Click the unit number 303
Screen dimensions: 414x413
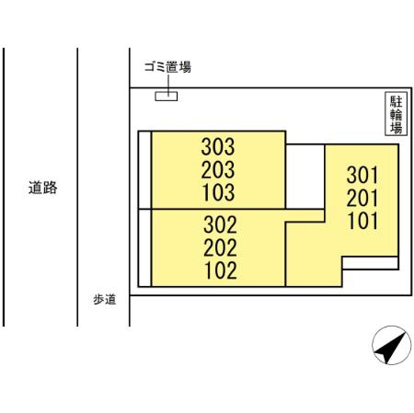(x=218, y=146)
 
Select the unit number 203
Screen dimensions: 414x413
(x=218, y=169)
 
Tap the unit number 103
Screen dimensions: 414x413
(x=219, y=192)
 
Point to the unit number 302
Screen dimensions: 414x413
(x=220, y=224)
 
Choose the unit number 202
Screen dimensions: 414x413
(x=220, y=247)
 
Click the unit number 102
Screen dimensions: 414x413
(x=221, y=270)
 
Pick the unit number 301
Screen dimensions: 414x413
(x=362, y=175)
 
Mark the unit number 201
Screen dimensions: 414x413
(x=362, y=198)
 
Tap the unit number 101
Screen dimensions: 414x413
(x=362, y=221)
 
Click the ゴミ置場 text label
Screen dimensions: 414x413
(x=167, y=67)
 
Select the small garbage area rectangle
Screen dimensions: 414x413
(x=166, y=97)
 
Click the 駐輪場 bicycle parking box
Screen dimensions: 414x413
(x=397, y=114)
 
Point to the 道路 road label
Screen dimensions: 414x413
(x=42, y=188)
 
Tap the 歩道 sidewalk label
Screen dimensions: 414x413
(x=105, y=300)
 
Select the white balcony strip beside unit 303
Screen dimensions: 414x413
(x=144, y=170)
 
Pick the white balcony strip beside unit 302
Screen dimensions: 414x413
(x=144, y=248)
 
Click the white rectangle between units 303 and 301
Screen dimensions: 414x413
(x=305, y=177)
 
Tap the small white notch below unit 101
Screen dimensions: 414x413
(x=371, y=263)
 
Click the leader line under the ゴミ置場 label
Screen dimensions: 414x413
(x=168, y=85)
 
